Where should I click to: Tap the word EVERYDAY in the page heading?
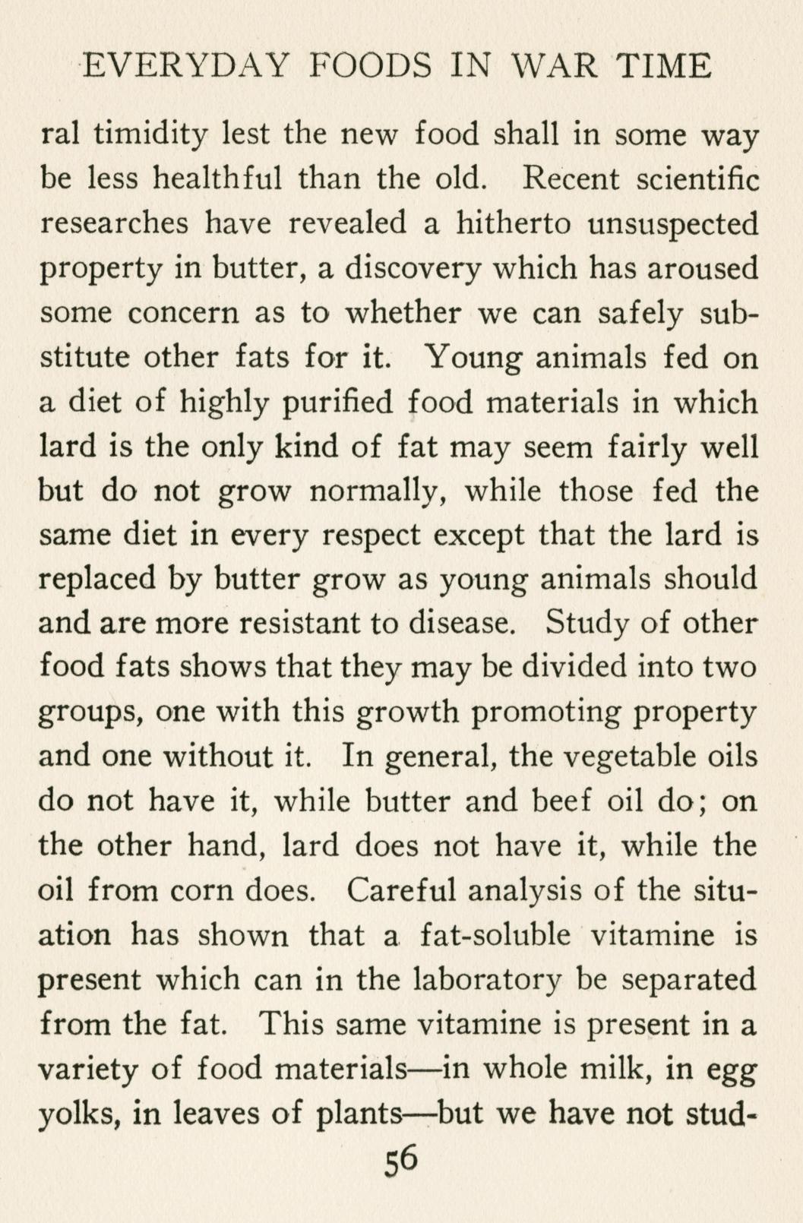click(x=185, y=67)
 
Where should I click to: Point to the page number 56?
click(x=402, y=1162)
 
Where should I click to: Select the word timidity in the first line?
click(x=149, y=136)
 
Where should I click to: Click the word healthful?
click(x=217, y=179)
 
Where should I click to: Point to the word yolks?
click(x=81, y=1114)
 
